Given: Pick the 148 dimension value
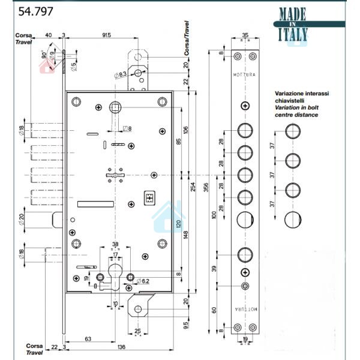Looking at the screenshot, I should [187, 233].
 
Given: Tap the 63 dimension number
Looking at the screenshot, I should [88, 340].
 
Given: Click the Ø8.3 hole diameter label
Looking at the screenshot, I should [119, 75].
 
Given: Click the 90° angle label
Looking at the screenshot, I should [45, 55].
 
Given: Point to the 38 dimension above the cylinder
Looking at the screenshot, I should [115, 244].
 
